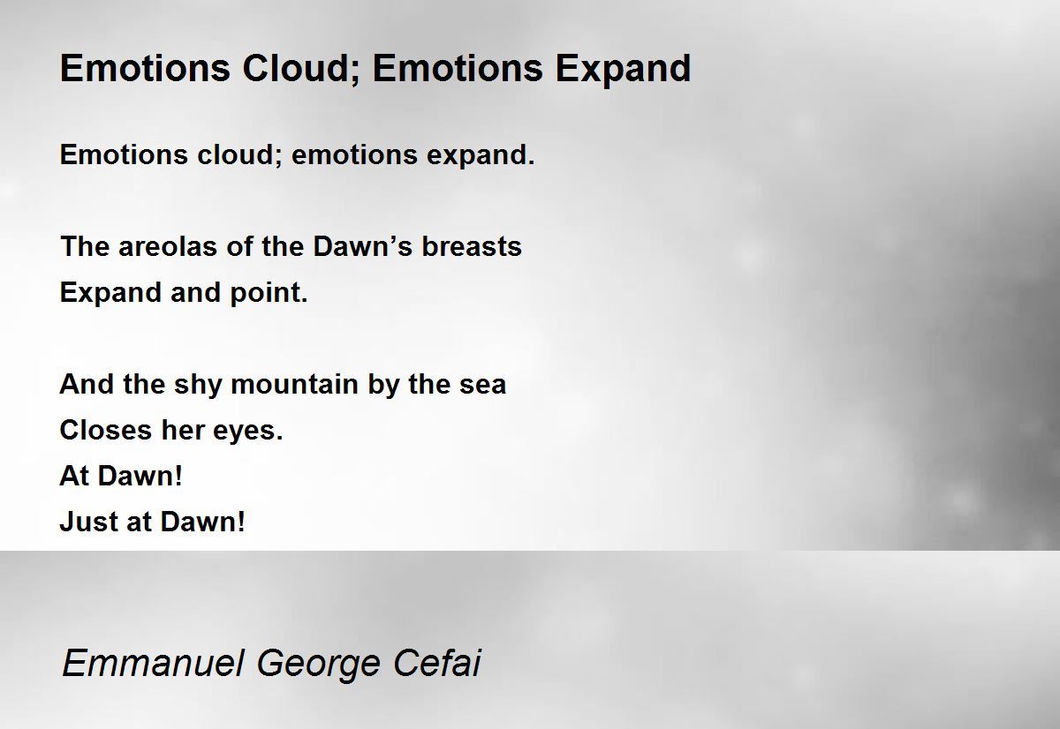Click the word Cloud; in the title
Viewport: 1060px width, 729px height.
click(x=290, y=68)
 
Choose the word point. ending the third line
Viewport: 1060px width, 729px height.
click(x=269, y=293)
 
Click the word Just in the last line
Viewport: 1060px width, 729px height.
click(x=86, y=522)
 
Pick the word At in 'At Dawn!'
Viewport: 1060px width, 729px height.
click(x=73, y=477)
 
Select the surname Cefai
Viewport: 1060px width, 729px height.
click(x=437, y=663)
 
